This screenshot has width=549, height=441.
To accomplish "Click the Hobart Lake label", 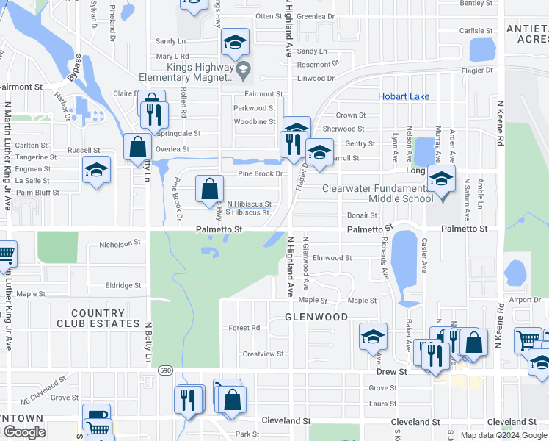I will point(404,96).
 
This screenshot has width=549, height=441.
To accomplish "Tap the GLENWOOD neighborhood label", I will point(316,317).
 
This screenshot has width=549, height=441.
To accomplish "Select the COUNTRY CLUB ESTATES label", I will point(105,318).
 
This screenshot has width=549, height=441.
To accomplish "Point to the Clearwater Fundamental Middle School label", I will point(378,193).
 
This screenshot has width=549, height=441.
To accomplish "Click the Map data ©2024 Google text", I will point(503,435).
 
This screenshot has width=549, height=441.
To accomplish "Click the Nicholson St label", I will point(120,243).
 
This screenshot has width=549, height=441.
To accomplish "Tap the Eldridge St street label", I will point(123,285).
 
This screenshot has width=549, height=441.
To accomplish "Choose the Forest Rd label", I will point(244,328).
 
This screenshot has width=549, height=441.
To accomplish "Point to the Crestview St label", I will point(263,354).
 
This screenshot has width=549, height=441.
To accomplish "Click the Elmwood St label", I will point(332,258).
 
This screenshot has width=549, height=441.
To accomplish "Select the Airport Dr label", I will point(525,300).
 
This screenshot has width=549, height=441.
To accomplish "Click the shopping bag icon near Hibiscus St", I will point(209,189).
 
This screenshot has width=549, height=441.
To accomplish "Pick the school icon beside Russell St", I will point(96,171).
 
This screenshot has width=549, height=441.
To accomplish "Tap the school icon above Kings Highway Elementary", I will point(235,43).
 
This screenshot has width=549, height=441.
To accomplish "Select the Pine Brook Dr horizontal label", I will point(260,173).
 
